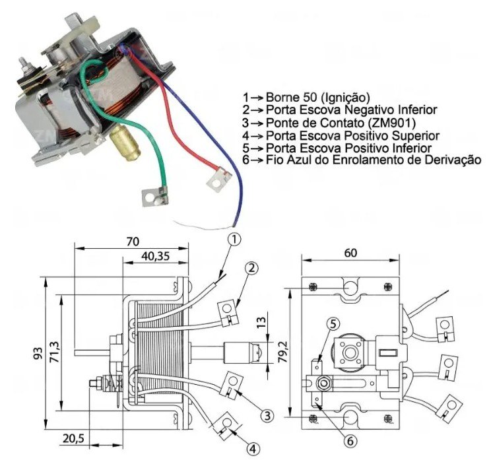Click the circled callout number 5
(x=333, y=323)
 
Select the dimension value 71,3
(x=54, y=349)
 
